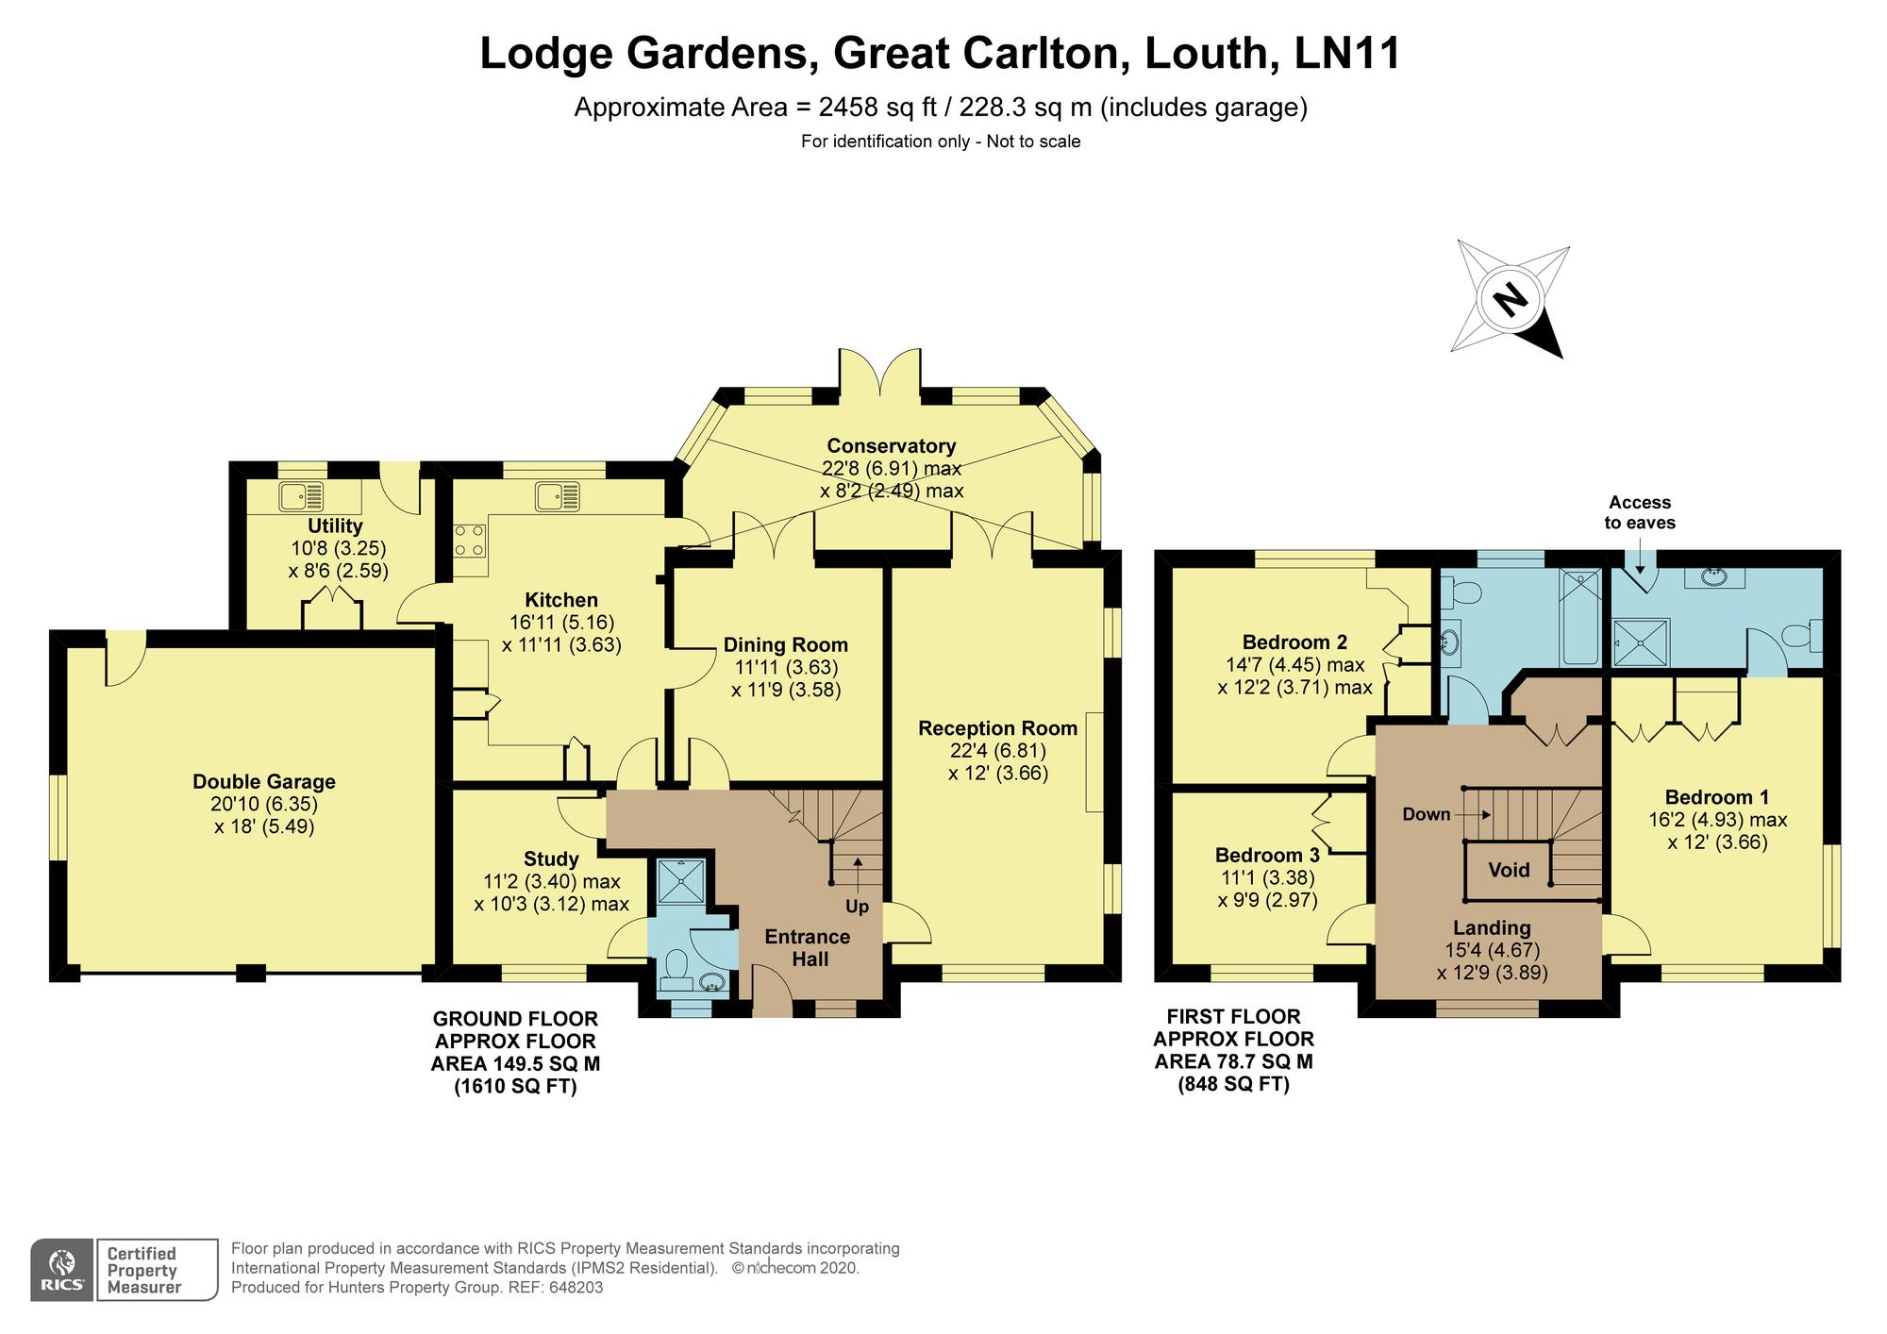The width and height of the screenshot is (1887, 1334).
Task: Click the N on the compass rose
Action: [x=1511, y=299]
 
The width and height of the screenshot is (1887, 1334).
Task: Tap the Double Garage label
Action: [x=263, y=781]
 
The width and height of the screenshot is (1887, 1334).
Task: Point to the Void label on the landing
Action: [x=1509, y=870]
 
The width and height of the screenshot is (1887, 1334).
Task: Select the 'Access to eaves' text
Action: [x=1640, y=512]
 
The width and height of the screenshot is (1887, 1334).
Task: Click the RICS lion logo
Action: [x=62, y=1270]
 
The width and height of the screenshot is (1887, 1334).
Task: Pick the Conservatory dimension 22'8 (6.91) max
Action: [x=891, y=469]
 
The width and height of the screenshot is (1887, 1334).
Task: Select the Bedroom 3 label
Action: [x=1266, y=856]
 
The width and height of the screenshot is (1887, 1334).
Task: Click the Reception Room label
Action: [x=997, y=728]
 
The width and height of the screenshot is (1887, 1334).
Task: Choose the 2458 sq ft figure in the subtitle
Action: [x=877, y=108]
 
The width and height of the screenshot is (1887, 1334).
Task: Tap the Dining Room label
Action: [x=785, y=645]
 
